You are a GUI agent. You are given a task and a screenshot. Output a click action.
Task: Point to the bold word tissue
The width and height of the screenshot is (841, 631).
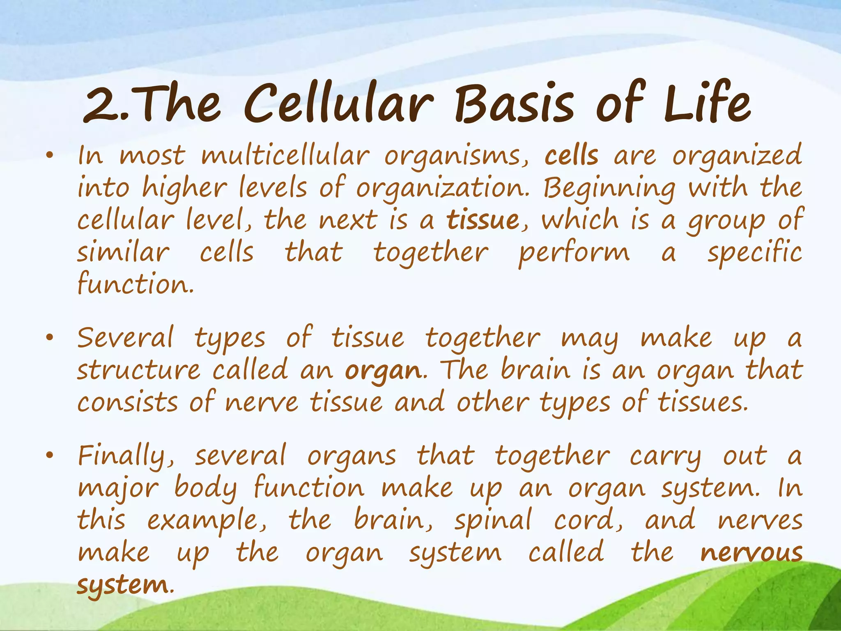point(483,220)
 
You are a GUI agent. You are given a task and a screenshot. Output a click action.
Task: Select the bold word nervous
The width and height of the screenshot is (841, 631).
point(751,553)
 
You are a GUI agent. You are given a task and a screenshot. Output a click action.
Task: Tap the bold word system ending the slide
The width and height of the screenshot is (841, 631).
point(122,585)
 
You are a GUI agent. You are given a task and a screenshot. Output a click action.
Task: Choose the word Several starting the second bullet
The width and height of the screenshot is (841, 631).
point(125,338)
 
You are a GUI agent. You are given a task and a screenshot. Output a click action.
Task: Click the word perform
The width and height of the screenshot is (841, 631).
point(573,252)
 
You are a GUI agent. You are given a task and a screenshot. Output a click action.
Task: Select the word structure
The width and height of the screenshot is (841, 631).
point(138,370)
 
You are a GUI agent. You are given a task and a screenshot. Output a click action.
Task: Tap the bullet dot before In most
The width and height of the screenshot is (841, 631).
point(50,156)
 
